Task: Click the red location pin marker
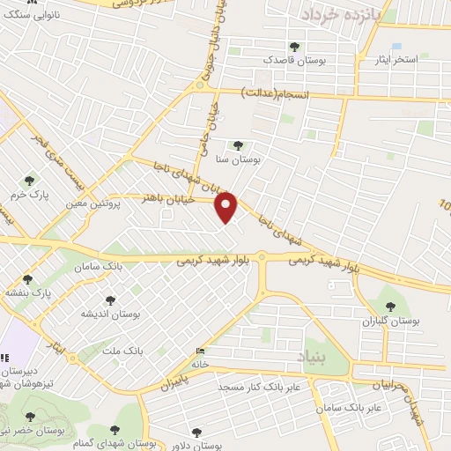[227, 207]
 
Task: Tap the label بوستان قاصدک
[293, 60]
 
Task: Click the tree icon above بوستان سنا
[237, 145]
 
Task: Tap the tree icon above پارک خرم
[29, 181]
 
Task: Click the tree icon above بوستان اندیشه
[109, 301]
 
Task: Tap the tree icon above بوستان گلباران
[390, 307]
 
